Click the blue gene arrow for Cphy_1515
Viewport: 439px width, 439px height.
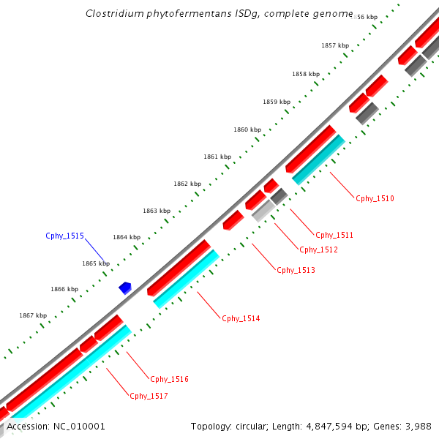click(x=125, y=288)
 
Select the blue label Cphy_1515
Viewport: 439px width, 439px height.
click(x=64, y=236)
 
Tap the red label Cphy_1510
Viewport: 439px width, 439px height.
click(x=375, y=198)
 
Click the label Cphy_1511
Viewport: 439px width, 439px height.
click(x=334, y=235)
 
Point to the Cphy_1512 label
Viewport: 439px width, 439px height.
click(x=318, y=249)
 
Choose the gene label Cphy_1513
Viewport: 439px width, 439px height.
click(x=296, y=270)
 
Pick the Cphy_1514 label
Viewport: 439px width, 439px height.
click(x=241, y=318)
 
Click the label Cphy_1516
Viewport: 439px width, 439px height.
click(x=169, y=379)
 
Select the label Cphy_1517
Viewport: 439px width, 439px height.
click(x=149, y=396)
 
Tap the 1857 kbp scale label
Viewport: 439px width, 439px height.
click(x=335, y=45)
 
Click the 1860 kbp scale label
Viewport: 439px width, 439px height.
click(x=247, y=130)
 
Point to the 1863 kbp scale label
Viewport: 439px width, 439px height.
click(x=156, y=211)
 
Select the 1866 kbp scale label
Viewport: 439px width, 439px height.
click(x=64, y=289)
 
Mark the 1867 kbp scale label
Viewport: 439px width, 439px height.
click(x=32, y=315)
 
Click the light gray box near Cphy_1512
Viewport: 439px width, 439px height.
click(x=263, y=211)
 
